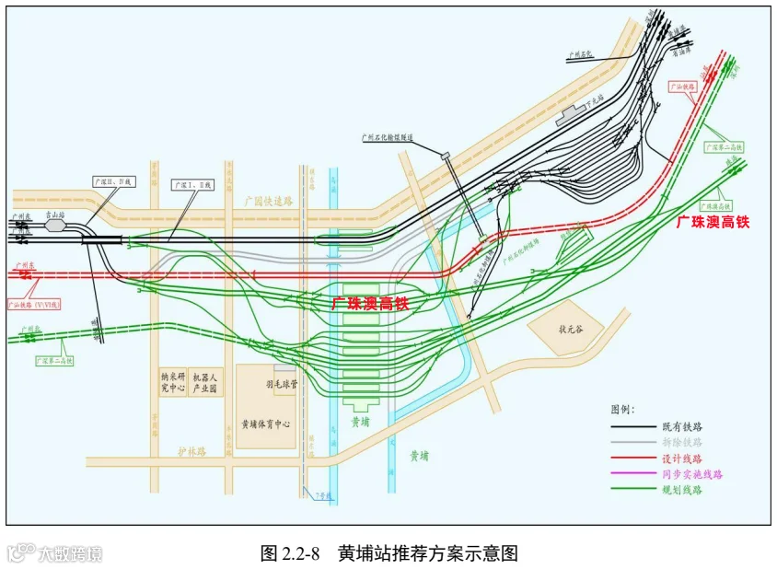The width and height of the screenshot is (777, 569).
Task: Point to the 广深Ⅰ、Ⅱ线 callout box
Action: [192, 185]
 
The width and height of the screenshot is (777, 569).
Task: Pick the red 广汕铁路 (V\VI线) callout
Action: [32, 302]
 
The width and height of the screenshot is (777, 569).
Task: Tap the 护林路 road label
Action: [192, 452]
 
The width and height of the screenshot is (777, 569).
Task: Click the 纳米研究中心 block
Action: [171, 382]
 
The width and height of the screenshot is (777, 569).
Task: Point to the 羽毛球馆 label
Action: [281, 385]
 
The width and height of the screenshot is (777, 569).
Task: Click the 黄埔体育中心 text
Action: [265, 424]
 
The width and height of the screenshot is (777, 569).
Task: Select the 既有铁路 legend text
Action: [682, 426]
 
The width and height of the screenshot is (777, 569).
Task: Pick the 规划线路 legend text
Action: [682, 490]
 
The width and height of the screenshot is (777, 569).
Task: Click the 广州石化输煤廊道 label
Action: [388, 138]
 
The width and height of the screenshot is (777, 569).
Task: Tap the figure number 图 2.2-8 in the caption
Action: [290, 553]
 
